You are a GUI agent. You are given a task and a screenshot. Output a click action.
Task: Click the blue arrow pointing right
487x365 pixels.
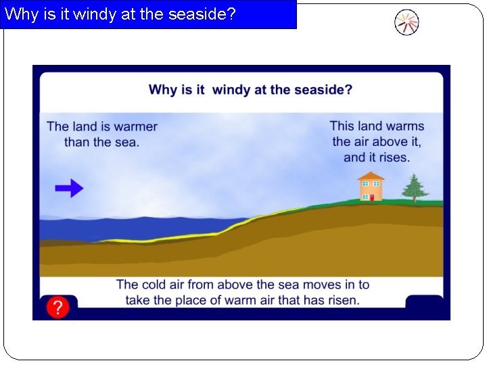click(69, 189)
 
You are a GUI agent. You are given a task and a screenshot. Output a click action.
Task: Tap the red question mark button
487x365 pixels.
click(57, 308)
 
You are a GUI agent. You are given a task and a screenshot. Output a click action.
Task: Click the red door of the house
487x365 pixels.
click(371, 197)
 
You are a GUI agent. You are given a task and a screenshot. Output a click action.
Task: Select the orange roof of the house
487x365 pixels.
click(371, 176)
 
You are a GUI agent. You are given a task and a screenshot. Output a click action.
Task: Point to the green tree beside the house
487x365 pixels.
click(414, 187)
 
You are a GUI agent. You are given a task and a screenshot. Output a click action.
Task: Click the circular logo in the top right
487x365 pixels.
click(407, 22)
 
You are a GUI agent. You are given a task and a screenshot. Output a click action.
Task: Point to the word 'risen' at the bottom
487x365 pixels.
click(342, 300)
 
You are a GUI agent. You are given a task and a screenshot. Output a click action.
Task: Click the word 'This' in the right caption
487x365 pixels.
click(342, 126)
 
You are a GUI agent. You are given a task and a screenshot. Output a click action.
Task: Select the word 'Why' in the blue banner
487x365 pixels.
click(21, 14)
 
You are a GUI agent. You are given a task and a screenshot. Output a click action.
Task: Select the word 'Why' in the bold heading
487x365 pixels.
click(162, 90)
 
